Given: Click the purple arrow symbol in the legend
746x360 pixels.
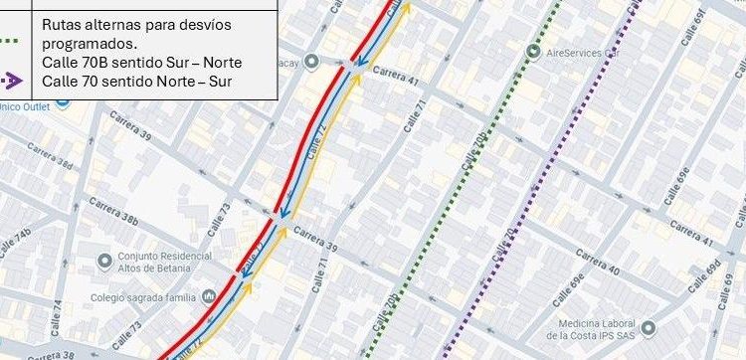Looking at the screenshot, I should (x=14, y=79).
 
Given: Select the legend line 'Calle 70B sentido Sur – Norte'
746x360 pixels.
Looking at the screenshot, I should (x=141, y=62).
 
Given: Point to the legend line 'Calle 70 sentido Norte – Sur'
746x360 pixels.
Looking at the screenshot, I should (x=136, y=81).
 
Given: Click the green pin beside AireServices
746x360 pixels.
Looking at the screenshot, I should (x=534, y=52).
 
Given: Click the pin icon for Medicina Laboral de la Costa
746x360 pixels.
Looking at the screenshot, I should (x=649, y=326).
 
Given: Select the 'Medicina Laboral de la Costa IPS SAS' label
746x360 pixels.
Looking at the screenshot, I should (x=596, y=330).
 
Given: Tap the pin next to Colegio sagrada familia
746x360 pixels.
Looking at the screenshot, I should (x=209, y=295).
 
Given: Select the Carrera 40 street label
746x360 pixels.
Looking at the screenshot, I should (x=598, y=265).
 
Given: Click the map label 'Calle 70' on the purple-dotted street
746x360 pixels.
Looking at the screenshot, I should (x=504, y=245).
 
